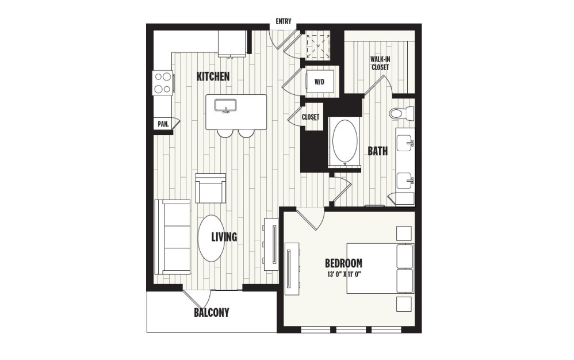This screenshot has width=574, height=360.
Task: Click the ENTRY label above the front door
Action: [x=283, y=22]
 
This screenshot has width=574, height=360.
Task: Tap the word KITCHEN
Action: [x=213, y=76]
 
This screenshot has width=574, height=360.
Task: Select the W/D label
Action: [x=319, y=82]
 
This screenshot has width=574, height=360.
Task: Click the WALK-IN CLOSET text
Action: [x=380, y=63]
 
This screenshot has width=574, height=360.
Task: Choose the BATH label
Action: [x=378, y=151]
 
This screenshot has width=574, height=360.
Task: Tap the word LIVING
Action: [x=224, y=237]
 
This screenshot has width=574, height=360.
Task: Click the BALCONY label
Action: [x=211, y=313]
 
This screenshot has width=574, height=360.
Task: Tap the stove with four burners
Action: [x=163, y=83]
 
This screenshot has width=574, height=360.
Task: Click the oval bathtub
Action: [x=343, y=141]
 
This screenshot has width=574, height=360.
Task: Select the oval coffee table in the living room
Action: [x=210, y=238]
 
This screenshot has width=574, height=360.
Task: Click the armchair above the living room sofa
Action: [x=211, y=188]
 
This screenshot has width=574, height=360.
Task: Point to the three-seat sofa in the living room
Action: [x=173, y=237]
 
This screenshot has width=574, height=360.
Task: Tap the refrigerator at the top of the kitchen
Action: [x=232, y=44]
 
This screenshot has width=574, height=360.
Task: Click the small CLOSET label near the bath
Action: [x=311, y=117]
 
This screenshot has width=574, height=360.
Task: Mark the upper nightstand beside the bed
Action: [x=404, y=233]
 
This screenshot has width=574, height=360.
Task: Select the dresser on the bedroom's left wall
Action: [x=292, y=266]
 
